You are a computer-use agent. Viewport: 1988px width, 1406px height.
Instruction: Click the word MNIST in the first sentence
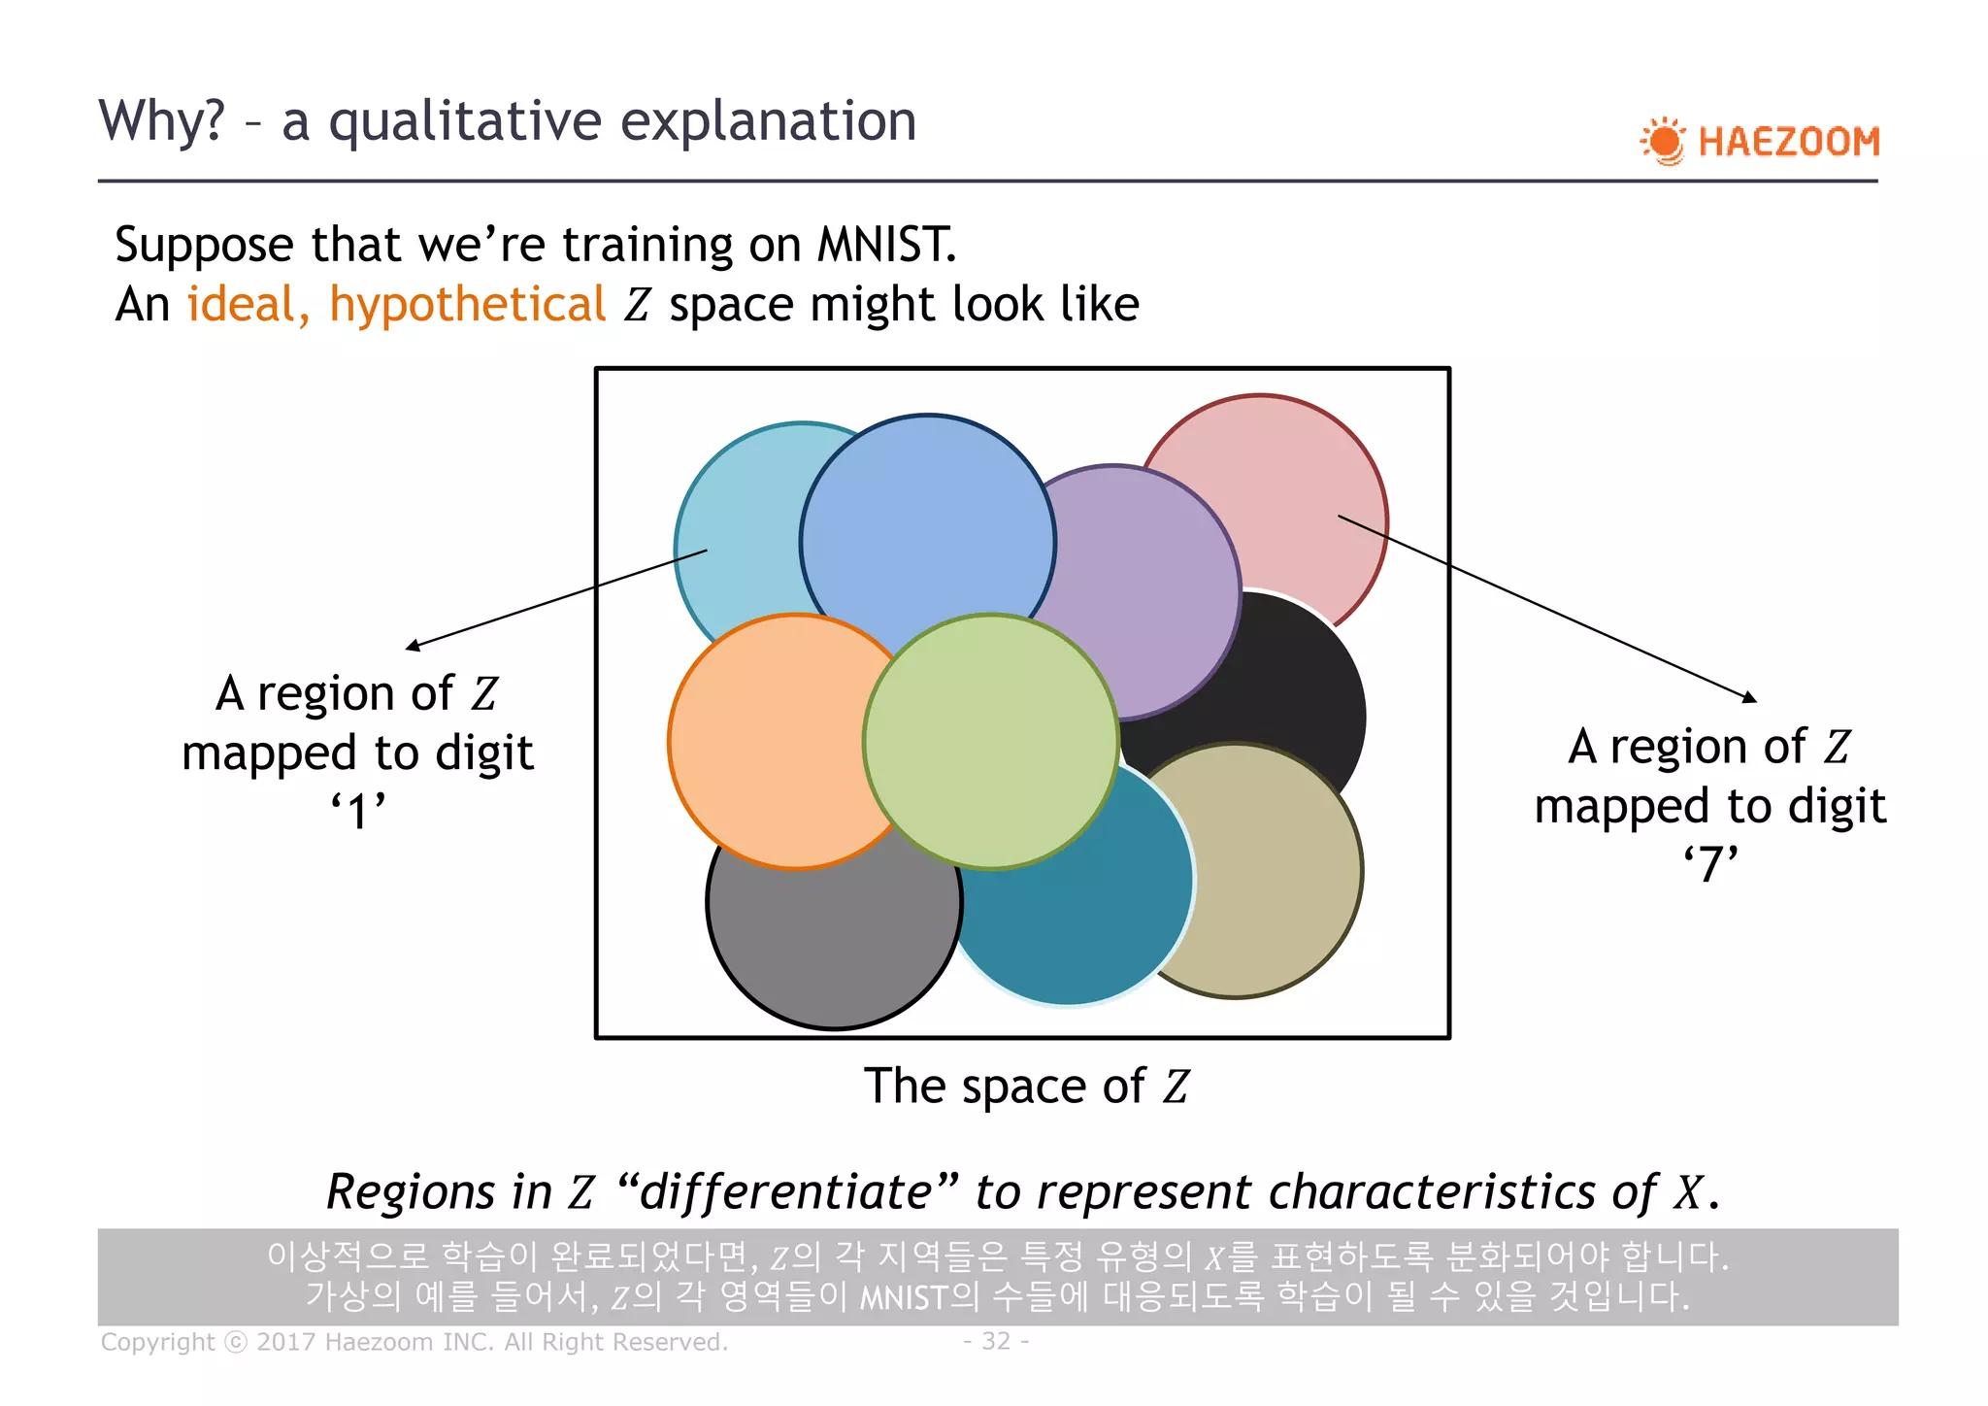click(884, 245)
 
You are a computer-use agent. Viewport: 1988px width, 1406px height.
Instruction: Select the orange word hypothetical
click(467, 305)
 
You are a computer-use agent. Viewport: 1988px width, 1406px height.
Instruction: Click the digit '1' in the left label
click(359, 812)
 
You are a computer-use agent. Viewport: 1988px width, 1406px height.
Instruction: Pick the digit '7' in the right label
click(1711, 864)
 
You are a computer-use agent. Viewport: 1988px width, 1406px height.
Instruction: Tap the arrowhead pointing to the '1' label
click(412, 647)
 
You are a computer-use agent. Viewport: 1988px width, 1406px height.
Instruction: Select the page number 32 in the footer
click(996, 1341)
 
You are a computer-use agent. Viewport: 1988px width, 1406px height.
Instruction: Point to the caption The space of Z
click(1026, 1086)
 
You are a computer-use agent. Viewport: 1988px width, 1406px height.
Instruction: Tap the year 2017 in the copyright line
click(286, 1342)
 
